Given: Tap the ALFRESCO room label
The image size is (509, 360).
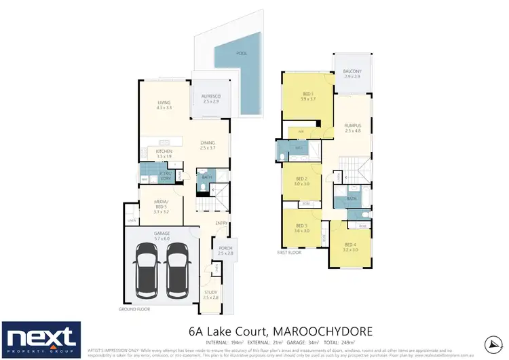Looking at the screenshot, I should [x=211, y=96].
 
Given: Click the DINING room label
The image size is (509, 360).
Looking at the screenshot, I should [x=208, y=143].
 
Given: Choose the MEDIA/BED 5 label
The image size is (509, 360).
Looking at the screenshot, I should [x=162, y=206].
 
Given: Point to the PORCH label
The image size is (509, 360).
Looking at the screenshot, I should [x=226, y=248].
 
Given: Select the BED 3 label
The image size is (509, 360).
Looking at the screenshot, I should [x=301, y=226].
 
